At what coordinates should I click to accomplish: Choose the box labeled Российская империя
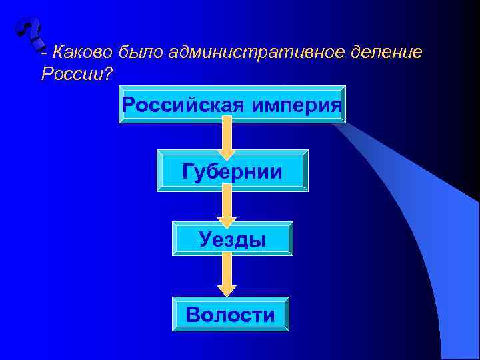pos(232,105)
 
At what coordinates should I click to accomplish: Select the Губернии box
pos(232,171)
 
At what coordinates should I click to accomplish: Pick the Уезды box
pos(232,238)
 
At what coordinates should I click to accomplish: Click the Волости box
pos(230,314)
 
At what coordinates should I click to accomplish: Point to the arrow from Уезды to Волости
pos(227,272)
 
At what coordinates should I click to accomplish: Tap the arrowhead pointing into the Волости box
pos(227,290)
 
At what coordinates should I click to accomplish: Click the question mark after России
pos(107,73)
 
